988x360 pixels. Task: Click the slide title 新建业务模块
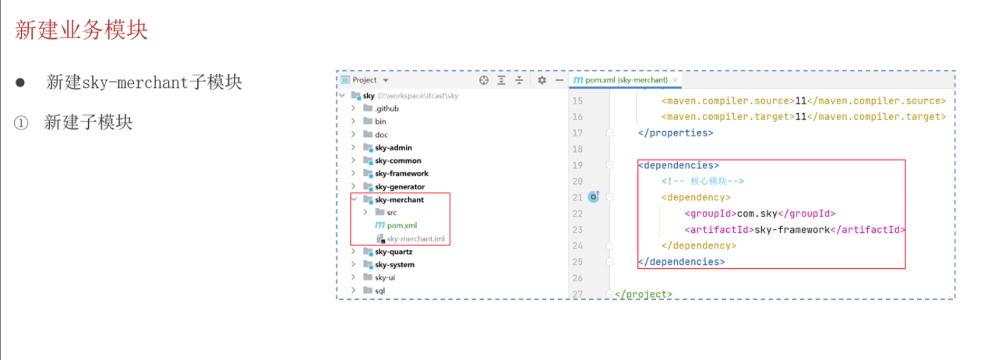click(x=81, y=30)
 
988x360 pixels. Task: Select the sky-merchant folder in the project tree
click(x=399, y=199)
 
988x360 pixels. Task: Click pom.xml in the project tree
click(x=401, y=225)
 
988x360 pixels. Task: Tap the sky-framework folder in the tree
click(x=401, y=174)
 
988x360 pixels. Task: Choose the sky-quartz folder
click(x=393, y=252)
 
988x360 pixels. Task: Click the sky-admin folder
click(x=393, y=147)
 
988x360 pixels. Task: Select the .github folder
click(x=387, y=108)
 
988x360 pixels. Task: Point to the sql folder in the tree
click(x=379, y=291)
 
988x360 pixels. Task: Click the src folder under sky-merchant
click(x=391, y=213)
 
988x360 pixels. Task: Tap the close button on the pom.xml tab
click(x=676, y=80)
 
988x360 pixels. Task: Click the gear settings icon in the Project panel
click(x=542, y=80)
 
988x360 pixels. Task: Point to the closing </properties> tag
click(x=675, y=132)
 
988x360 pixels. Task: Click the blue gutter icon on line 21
click(x=593, y=197)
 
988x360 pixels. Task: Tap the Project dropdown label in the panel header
click(x=369, y=80)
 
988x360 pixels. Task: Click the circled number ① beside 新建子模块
click(x=21, y=122)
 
